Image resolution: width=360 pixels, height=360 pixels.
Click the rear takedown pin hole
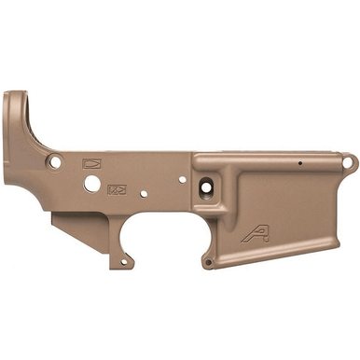tap(55, 161)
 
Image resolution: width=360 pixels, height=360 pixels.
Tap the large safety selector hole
tap(91, 184)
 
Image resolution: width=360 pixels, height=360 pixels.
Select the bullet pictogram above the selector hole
tap(92, 160)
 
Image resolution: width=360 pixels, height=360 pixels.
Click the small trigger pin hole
tap(144, 194)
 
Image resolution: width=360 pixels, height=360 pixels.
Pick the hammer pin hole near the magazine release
tap(182, 178)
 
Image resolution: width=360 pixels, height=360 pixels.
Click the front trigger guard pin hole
tap(207, 262)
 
